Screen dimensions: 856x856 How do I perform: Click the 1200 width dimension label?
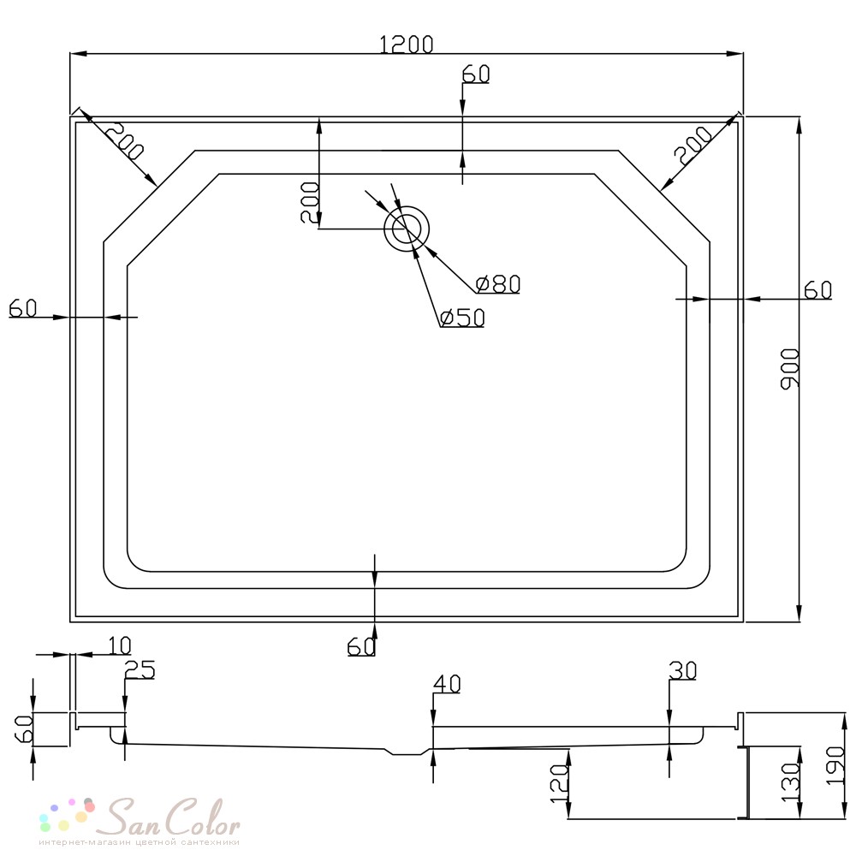click(406, 45)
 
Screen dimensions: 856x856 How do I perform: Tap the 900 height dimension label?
click(790, 368)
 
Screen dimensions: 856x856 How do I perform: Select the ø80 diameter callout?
click(498, 284)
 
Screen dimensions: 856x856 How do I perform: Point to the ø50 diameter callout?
click(462, 318)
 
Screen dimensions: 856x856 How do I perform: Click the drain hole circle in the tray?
click(407, 229)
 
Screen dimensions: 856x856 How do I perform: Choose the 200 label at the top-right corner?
click(693, 146)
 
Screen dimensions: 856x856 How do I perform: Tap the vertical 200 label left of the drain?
click(310, 202)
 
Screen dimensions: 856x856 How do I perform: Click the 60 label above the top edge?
click(476, 74)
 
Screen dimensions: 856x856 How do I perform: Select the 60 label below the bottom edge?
click(361, 647)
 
